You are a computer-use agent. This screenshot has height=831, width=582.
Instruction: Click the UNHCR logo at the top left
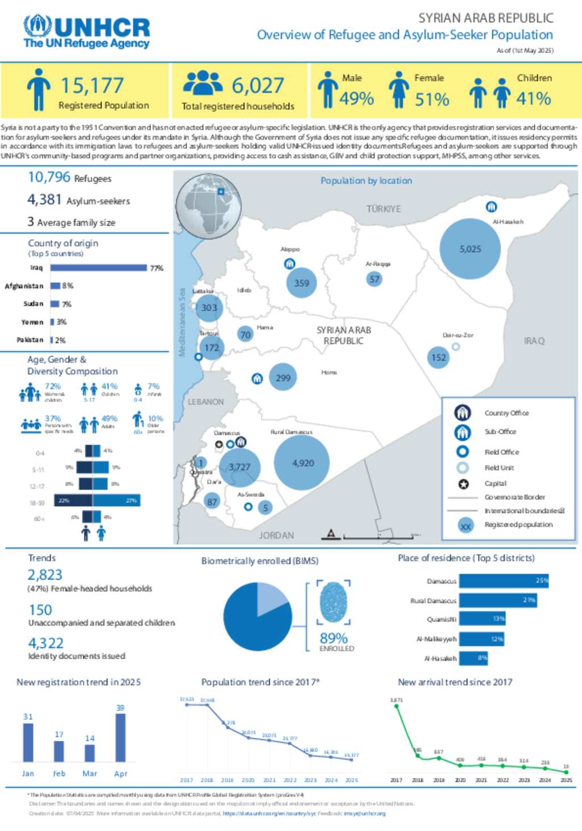click(86, 32)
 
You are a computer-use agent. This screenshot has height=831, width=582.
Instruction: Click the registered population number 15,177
click(92, 86)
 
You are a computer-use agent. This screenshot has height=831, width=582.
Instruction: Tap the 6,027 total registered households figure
click(257, 86)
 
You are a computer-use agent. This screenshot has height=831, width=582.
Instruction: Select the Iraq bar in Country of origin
click(98, 268)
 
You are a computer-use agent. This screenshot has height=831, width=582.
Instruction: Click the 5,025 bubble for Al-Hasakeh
click(470, 249)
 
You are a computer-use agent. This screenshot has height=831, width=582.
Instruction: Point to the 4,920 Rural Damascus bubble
click(302, 463)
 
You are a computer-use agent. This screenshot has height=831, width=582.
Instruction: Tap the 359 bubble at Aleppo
click(301, 283)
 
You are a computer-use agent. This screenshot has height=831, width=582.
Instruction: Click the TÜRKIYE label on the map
click(384, 209)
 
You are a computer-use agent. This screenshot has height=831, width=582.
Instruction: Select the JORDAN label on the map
click(276, 535)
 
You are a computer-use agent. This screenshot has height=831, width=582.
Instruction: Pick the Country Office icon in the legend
click(463, 413)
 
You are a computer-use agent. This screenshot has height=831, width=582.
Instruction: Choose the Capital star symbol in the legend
click(463, 484)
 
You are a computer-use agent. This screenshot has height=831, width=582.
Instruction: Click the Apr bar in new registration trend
click(120, 737)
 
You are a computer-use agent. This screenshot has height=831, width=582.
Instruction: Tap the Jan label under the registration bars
click(28, 774)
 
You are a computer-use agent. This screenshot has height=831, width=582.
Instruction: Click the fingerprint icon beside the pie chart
click(334, 603)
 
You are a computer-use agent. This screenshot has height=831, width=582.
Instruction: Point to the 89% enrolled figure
click(334, 638)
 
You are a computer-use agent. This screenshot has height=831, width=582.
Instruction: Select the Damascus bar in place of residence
click(504, 581)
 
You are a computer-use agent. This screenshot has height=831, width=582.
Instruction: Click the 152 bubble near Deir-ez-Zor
click(438, 357)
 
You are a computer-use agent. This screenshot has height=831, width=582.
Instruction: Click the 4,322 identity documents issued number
click(46, 643)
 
